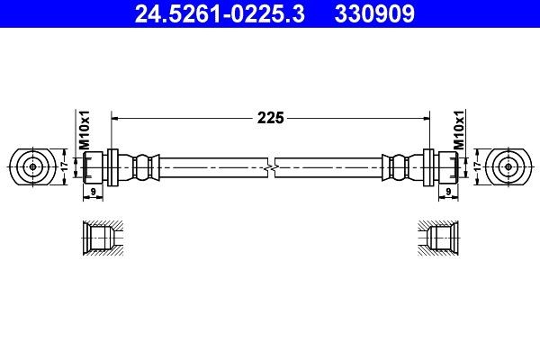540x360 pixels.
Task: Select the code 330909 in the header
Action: [x=375, y=14]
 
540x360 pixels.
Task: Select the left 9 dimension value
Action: [x=93, y=192]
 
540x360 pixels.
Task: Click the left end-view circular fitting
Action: [x=33, y=166]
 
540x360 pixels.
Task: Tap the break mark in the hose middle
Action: [x=270, y=166]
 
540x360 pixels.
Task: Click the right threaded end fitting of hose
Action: [x=445, y=166]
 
